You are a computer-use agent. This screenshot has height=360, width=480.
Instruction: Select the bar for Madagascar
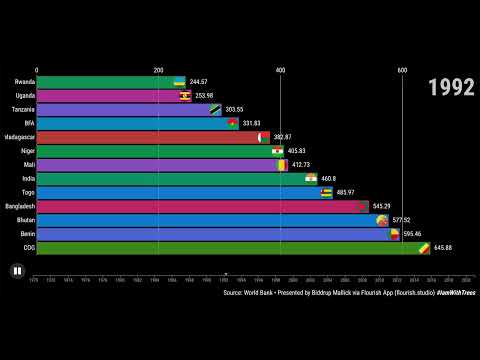point(148,137)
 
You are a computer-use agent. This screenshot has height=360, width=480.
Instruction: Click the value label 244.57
point(198,82)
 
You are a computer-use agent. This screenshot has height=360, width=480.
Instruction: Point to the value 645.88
point(442,248)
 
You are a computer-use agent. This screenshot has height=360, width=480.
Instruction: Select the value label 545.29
point(381,206)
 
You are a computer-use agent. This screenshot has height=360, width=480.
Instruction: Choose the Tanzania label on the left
point(23,110)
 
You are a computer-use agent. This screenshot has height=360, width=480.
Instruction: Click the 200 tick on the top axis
point(158,70)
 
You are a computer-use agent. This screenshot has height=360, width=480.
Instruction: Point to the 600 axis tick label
point(402,70)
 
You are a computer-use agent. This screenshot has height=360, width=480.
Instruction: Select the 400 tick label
point(280,70)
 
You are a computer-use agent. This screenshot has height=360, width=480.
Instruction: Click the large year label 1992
point(451,88)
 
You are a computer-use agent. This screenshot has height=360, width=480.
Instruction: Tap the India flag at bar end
point(311,178)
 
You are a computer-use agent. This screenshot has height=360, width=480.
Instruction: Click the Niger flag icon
point(277,151)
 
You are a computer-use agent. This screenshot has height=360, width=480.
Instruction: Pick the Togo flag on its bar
point(326,192)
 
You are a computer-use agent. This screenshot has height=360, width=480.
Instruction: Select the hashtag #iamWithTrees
point(455,293)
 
